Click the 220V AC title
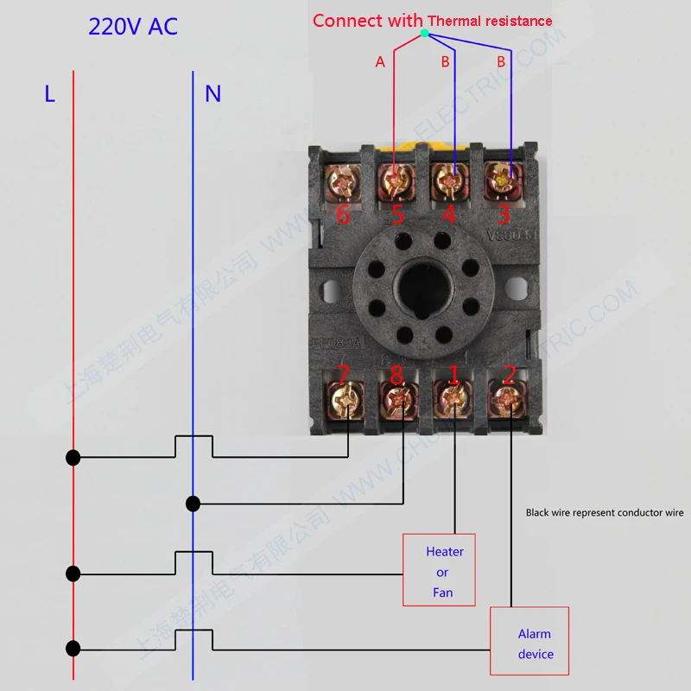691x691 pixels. [x=132, y=26]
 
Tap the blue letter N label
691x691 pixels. [x=212, y=92]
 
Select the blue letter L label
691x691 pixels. [x=50, y=93]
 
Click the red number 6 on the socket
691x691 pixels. [x=343, y=215]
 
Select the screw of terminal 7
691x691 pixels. [x=345, y=399]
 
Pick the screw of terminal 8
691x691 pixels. [x=397, y=400]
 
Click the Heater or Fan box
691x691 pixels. [x=439, y=569]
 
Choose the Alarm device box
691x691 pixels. [x=535, y=641]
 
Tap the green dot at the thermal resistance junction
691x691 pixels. [x=423, y=34]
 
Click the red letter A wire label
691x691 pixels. [x=379, y=61]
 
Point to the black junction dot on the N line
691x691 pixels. [x=193, y=504]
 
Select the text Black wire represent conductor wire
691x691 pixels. [x=605, y=512]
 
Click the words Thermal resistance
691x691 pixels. [x=490, y=21]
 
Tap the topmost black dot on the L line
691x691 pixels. [x=73, y=458]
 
